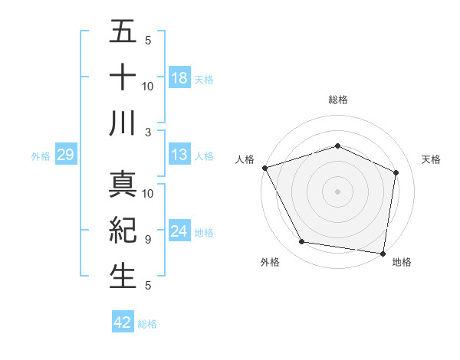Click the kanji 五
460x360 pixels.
(x=123, y=32)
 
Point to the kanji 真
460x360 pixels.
(x=123, y=185)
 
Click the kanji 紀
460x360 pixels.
(x=123, y=230)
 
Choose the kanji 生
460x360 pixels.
(x=123, y=276)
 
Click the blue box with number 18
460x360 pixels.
(x=179, y=77)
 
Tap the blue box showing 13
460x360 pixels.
(x=179, y=155)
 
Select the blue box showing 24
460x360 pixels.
(x=179, y=231)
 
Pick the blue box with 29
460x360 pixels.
(x=65, y=155)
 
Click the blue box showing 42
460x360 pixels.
(x=123, y=322)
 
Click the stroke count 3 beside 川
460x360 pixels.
(x=148, y=132)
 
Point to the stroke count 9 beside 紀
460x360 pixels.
(x=148, y=239)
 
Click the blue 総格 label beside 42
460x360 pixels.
(x=147, y=324)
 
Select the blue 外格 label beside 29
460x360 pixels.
(x=41, y=156)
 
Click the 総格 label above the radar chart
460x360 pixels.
(x=337, y=100)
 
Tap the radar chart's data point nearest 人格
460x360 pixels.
(x=264, y=168)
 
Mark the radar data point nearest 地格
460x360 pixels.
(x=383, y=253)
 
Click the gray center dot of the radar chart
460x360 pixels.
(x=337, y=191)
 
